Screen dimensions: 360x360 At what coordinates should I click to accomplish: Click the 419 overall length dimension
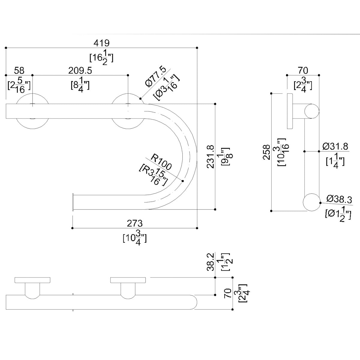[x=101, y=43]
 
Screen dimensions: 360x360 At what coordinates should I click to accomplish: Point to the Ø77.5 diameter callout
[x=155, y=77]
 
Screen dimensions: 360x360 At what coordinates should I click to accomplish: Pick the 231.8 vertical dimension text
[x=211, y=157]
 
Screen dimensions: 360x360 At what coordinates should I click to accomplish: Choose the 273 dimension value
[x=135, y=223]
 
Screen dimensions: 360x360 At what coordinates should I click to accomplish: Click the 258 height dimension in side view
[x=266, y=152]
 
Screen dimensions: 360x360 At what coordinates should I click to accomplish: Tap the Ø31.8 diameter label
[x=335, y=146]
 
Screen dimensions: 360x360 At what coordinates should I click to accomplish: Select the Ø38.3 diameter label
[x=339, y=199]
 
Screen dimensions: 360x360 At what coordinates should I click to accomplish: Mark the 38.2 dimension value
[x=211, y=262]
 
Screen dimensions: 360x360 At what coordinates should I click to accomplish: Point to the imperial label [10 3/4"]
[x=135, y=238]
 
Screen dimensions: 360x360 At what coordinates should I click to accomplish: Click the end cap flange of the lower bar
[x=73, y=202]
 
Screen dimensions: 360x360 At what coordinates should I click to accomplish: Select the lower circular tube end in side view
[x=311, y=202]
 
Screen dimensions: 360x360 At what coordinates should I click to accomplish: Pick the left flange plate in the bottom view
[x=32, y=280]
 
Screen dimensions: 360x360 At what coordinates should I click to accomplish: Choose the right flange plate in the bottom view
[x=128, y=280]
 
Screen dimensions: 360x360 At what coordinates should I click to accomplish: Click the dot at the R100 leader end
[x=183, y=181]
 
